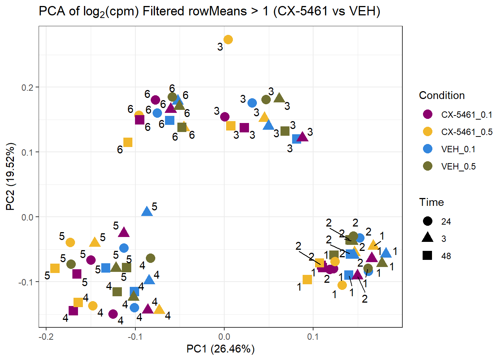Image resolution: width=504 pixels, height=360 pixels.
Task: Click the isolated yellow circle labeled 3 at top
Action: pos(228,39)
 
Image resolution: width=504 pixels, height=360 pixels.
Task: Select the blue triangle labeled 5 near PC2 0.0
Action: pos(147,212)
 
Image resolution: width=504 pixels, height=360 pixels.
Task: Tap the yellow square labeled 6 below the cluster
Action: pos(128,142)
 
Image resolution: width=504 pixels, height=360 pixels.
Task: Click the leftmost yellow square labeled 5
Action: pos(55,268)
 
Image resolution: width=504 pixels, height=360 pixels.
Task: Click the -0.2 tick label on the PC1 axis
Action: pos(46,336)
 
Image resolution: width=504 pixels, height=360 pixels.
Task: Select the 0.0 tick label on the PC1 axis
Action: pos(224,336)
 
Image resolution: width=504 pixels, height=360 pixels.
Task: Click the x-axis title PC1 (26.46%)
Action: pos(220,349)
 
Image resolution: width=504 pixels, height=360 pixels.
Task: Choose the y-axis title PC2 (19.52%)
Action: pos(10,176)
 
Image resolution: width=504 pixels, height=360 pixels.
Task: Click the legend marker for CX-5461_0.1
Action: pos(427,114)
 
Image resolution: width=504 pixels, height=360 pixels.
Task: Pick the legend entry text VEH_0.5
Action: pos(458,166)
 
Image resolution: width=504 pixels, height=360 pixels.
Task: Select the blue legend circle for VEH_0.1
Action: pos(427,149)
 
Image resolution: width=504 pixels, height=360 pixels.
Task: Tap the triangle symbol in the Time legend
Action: pos(427,238)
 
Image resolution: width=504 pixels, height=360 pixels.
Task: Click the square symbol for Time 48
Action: pos(427,256)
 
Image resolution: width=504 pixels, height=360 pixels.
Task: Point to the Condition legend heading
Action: pos(442,95)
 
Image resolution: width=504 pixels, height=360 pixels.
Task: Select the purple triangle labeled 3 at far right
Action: pos(302,137)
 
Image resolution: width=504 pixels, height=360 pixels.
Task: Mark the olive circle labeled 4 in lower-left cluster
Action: pos(150,258)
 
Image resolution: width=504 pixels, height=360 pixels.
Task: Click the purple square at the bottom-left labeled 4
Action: pos(73,310)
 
